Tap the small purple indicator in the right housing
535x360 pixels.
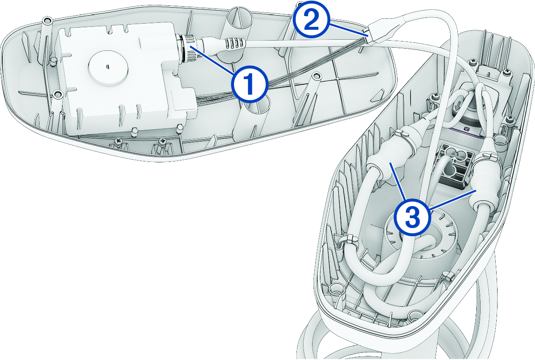(466, 129)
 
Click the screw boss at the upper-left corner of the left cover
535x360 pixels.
(47, 21)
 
